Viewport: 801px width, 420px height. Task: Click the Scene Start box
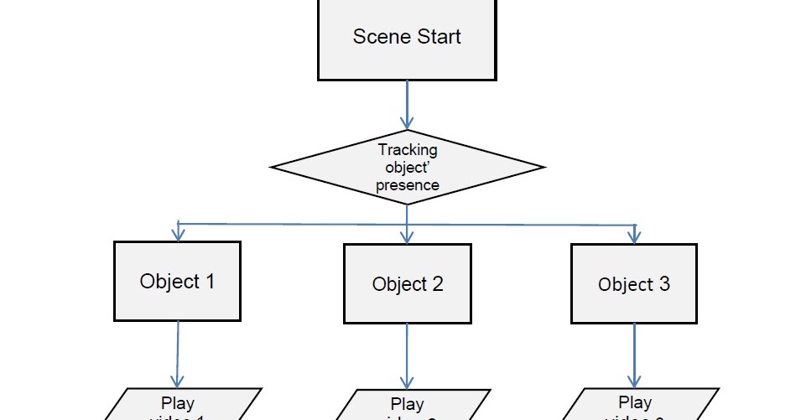[x=407, y=38]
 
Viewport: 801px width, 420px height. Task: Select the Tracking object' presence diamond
[x=408, y=168]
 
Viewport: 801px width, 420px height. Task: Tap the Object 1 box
[x=177, y=281]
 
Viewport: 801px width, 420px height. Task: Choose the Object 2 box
[x=408, y=283]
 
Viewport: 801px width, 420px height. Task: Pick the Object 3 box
[x=634, y=283]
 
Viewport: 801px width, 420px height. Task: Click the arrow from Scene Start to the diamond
[x=407, y=105]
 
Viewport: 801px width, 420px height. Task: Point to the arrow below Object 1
[x=178, y=352]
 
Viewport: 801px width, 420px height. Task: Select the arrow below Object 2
[x=407, y=355]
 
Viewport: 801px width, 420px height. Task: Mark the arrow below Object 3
[x=633, y=355]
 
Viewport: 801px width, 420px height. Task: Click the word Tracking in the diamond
[x=408, y=150]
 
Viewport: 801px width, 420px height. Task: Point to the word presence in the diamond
[x=408, y=185]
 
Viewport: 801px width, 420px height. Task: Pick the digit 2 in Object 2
[x=437, y=284]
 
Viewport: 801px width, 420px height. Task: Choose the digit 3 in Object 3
[x=664, y=284]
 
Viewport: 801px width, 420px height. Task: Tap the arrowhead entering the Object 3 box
[x=634, y=236]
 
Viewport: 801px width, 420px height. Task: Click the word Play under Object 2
[x=408, y=405]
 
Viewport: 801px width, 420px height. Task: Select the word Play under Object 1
[x=178, y=403]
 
